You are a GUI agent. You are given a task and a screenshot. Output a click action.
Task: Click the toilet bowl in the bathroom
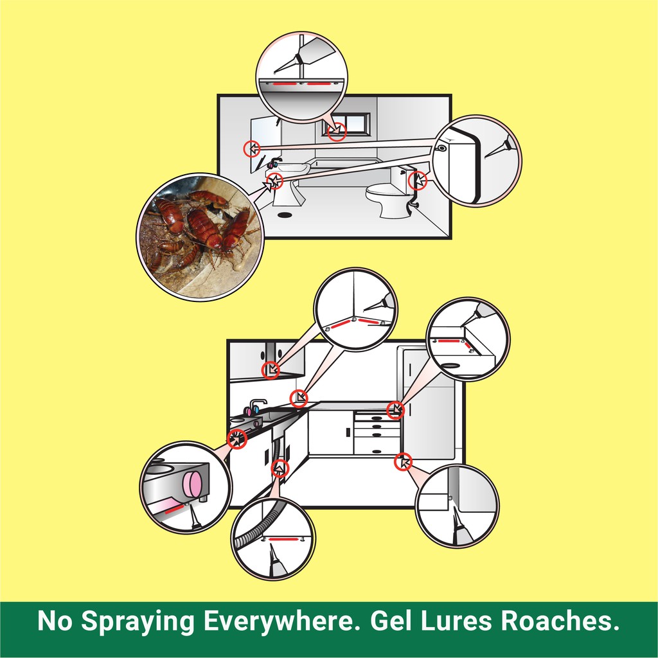click(389, 200)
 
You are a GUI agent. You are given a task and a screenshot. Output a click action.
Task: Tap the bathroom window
click(346, 124)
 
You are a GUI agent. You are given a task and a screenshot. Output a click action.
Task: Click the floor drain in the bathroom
click(285, 215)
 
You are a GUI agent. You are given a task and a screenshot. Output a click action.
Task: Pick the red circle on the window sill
click(337, 132)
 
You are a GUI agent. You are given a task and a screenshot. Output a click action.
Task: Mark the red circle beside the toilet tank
click(417, 181)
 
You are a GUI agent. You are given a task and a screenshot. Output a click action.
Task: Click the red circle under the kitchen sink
click(280, 468)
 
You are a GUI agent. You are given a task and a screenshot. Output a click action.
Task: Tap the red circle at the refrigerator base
click(403, 463)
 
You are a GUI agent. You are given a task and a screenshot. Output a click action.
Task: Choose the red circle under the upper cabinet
click(271, 370)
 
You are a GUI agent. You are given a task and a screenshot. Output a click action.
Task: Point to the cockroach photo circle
click(200, 236)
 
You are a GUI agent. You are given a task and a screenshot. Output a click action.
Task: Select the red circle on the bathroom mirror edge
click(252, 148)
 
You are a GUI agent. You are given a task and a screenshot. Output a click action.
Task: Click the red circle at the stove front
click(236, 439)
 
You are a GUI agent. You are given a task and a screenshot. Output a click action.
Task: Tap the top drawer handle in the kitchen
click(377, 419)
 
